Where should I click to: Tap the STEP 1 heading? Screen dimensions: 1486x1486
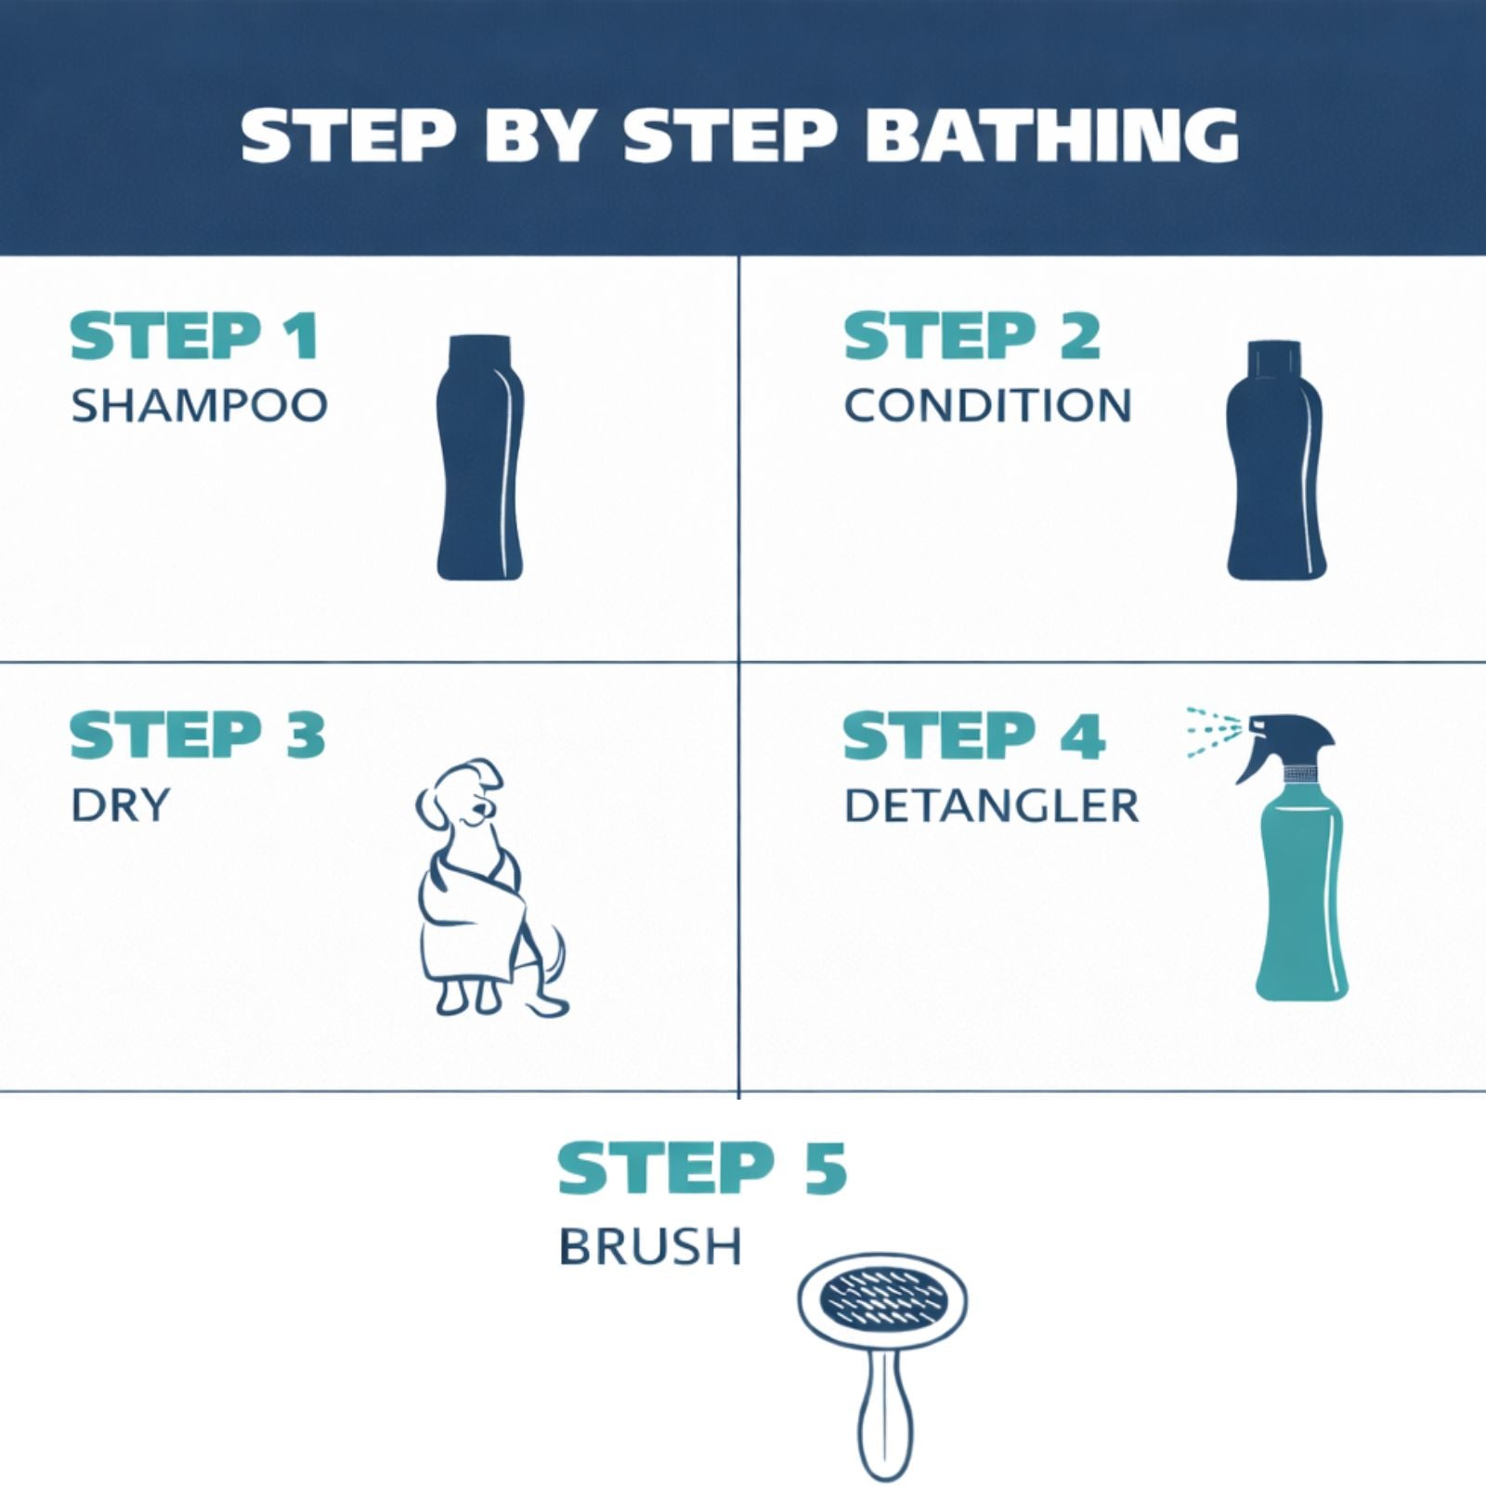pyautogui.click(x=195, y=336)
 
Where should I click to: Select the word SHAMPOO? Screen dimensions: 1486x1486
pyautogui.click(x=200, y=406)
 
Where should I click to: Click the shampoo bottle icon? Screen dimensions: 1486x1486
pyautogui.click(x=479, y=458)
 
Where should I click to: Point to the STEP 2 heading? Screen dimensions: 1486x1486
pyautogui.click(x=972, y=336)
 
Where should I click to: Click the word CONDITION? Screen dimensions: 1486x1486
pyautogui.click(x=988, y=406)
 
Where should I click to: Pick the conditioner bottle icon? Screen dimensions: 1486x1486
pyautogui.click(x=1275, y=460)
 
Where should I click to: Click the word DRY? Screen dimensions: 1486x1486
pyautogui.click(x=121, y=804)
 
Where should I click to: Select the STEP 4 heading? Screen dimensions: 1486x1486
pyautogui.click(x=974, y=736)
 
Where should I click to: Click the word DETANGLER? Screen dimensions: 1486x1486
pyautogui.click(x=992, y=806)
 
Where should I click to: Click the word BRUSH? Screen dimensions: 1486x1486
pyautogui.click(x=650, y=1246)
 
